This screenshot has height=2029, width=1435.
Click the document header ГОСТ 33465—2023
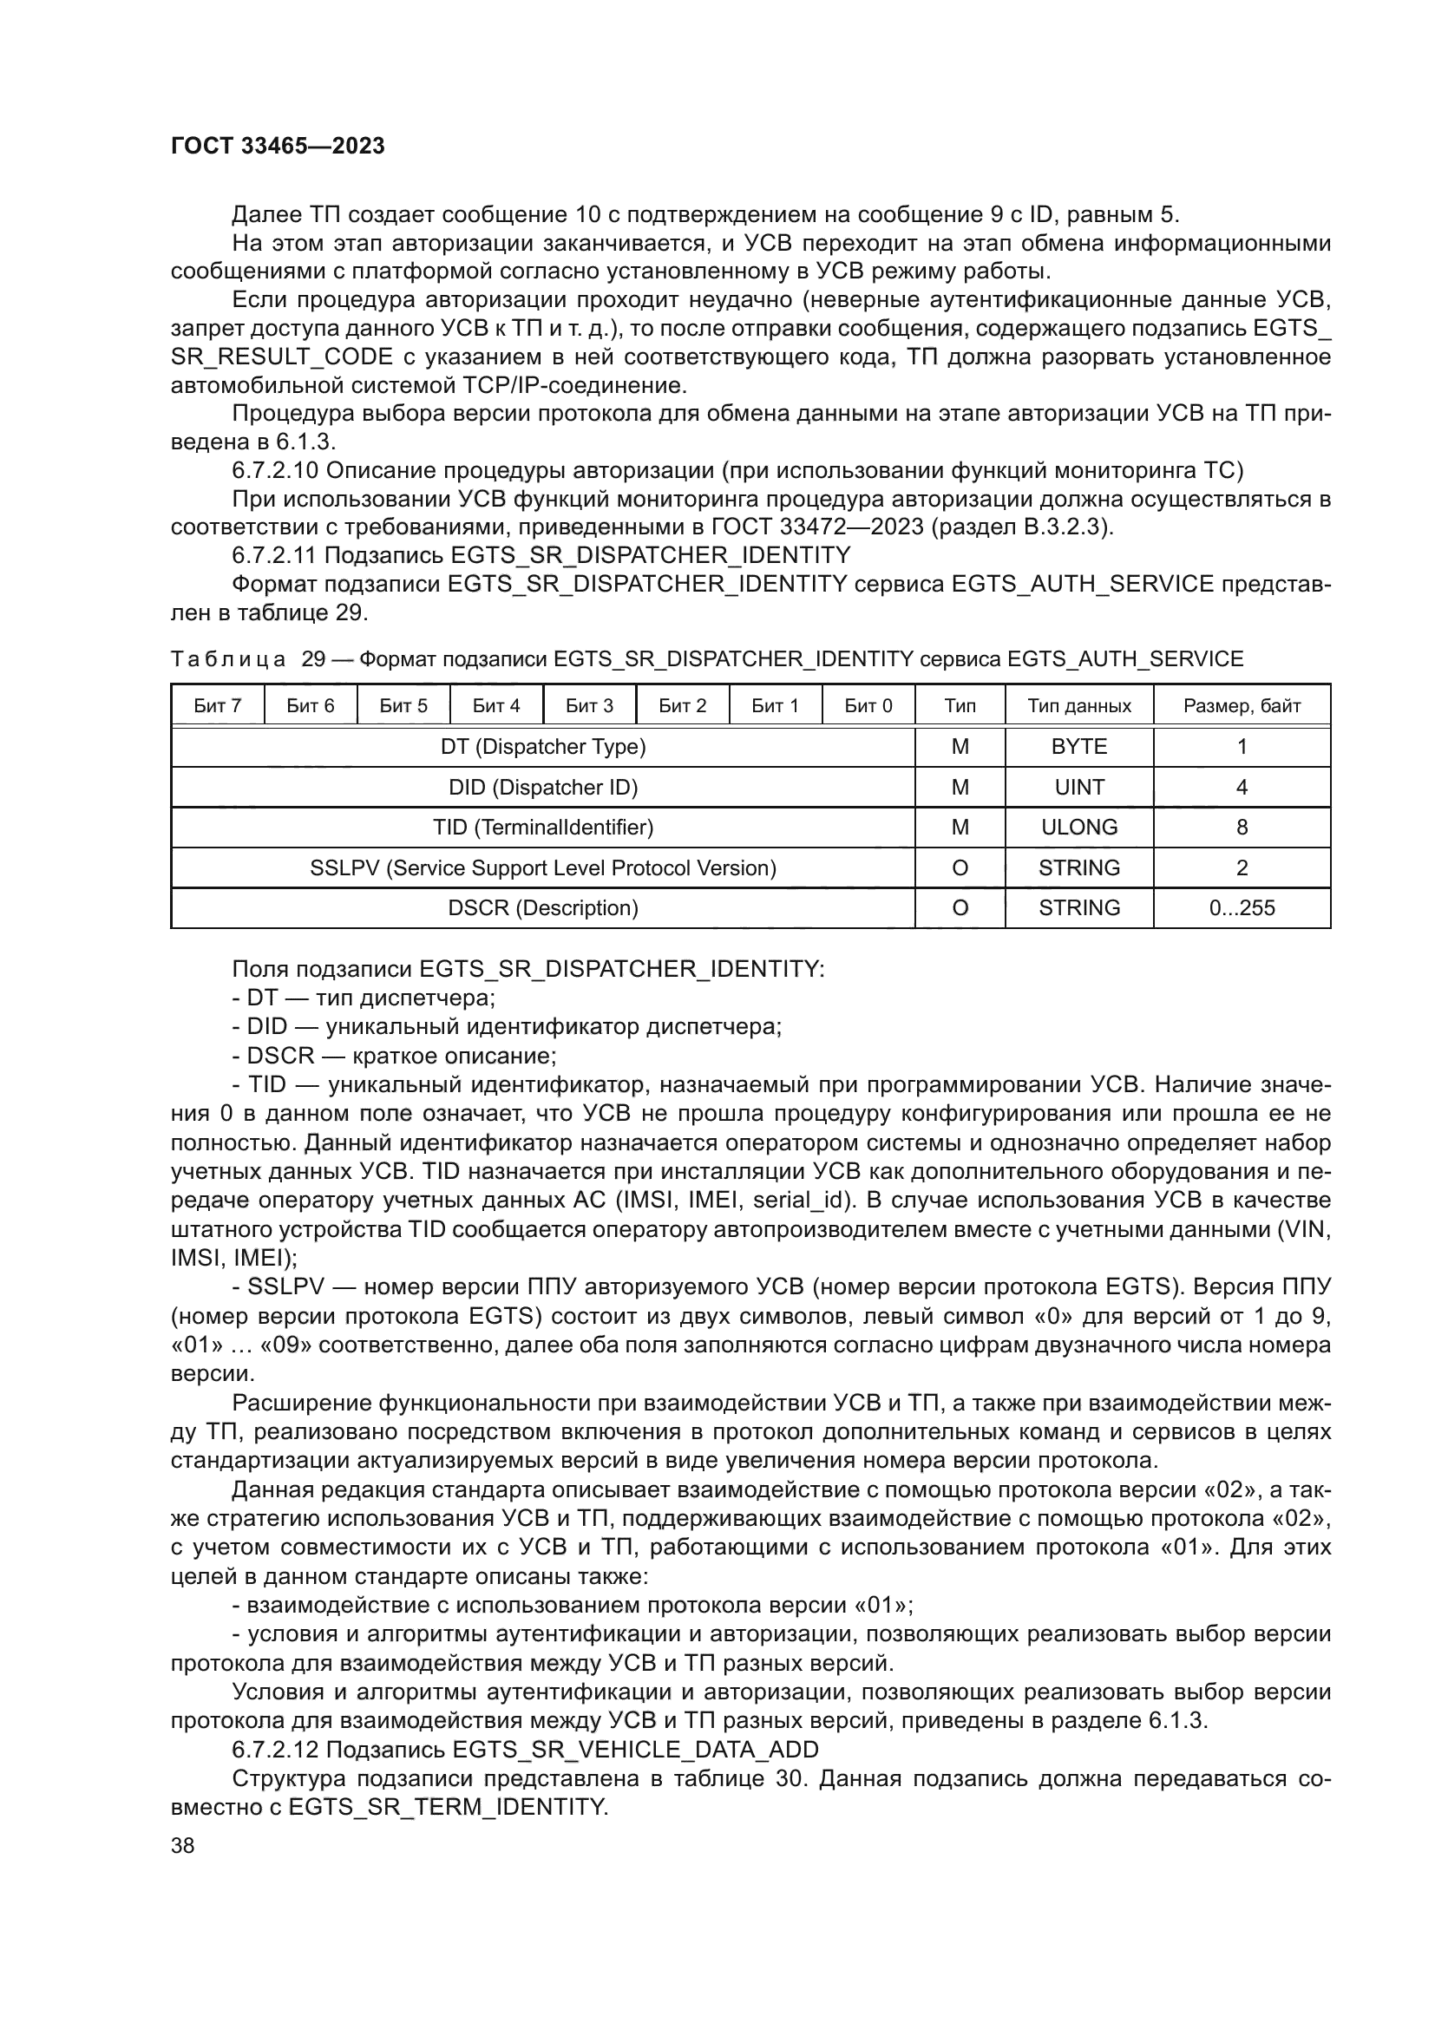278,147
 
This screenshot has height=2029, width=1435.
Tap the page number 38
183,1845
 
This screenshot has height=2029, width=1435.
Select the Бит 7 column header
218,706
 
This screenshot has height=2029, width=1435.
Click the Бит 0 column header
868,706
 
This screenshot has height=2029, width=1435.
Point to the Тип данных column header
1079,706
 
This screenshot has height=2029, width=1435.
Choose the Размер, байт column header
1242,706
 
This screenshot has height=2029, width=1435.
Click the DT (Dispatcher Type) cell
542,747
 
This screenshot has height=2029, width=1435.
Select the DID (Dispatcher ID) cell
542,788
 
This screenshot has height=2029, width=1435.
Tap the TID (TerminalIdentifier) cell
542,828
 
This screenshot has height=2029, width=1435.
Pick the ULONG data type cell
1079,828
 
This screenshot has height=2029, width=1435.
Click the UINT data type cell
1079,788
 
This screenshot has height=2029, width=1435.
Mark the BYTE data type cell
1079,747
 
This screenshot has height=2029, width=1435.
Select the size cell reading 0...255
1242,907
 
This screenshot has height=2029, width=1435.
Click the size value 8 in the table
1242,828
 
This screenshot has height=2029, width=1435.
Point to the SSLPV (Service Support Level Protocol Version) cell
542,867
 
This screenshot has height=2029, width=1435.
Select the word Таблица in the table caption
228,659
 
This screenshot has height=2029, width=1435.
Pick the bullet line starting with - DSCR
394,1056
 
